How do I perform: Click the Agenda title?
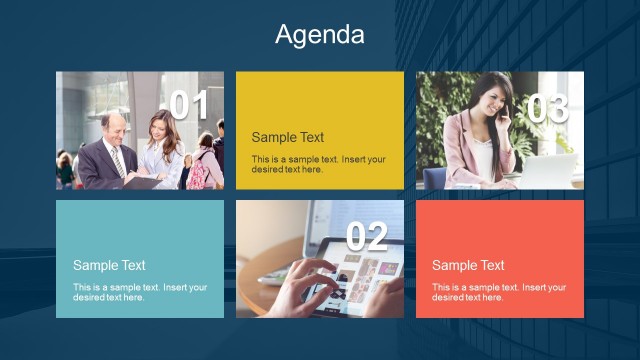(x=320, y=35)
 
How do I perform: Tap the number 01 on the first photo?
(x=189, y=106)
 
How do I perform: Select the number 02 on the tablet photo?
(x=366, y=236)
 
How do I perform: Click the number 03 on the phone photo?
(x=547, y=109)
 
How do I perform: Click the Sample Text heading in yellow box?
(x=288, y=137)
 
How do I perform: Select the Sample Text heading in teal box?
(x=109, y=265)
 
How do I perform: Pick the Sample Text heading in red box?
(x=468, y=265)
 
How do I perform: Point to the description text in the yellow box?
(x=318, y=164)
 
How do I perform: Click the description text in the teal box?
(x=140, y=292)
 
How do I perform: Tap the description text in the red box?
(x=498, y=292)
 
